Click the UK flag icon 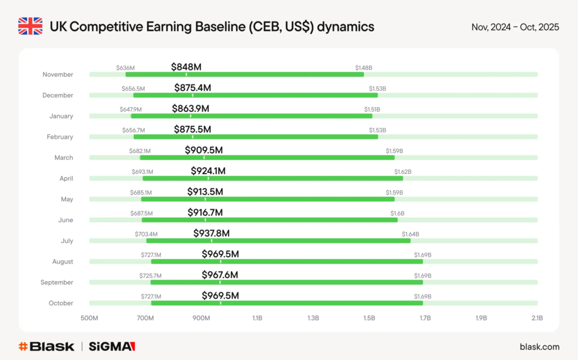point(30,27)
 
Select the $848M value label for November point(186,67)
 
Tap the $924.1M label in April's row point(209,171)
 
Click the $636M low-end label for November point(125,68)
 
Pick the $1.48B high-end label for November point(364,68)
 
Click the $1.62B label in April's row point(402,172)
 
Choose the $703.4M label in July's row point(146,234)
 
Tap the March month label point(64,157)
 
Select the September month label point(57,282)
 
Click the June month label point(65,220)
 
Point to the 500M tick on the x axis point(90,318)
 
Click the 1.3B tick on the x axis point(313,318)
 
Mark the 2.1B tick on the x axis point(537,318)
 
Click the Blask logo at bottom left point(46,346)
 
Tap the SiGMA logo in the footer point(112,346)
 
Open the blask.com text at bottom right point(539,346)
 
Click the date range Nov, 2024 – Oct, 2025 point(515,27)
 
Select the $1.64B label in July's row point(410,234)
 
